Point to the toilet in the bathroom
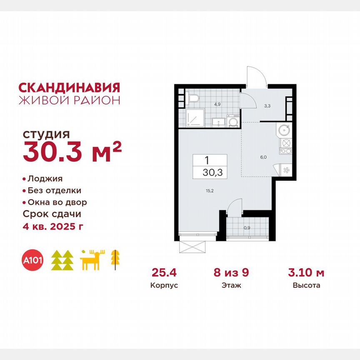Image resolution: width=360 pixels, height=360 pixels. click(193, 98)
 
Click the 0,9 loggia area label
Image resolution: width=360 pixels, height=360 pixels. click(247, 228)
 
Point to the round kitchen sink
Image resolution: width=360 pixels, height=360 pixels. click(285, 130)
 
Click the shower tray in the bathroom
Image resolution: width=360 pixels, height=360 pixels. click(194, 117)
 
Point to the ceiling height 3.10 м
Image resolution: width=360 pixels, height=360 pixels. click(306, 273)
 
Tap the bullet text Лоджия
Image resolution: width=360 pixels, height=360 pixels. click(45, 179)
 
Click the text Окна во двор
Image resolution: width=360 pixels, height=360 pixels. click(57, 202)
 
